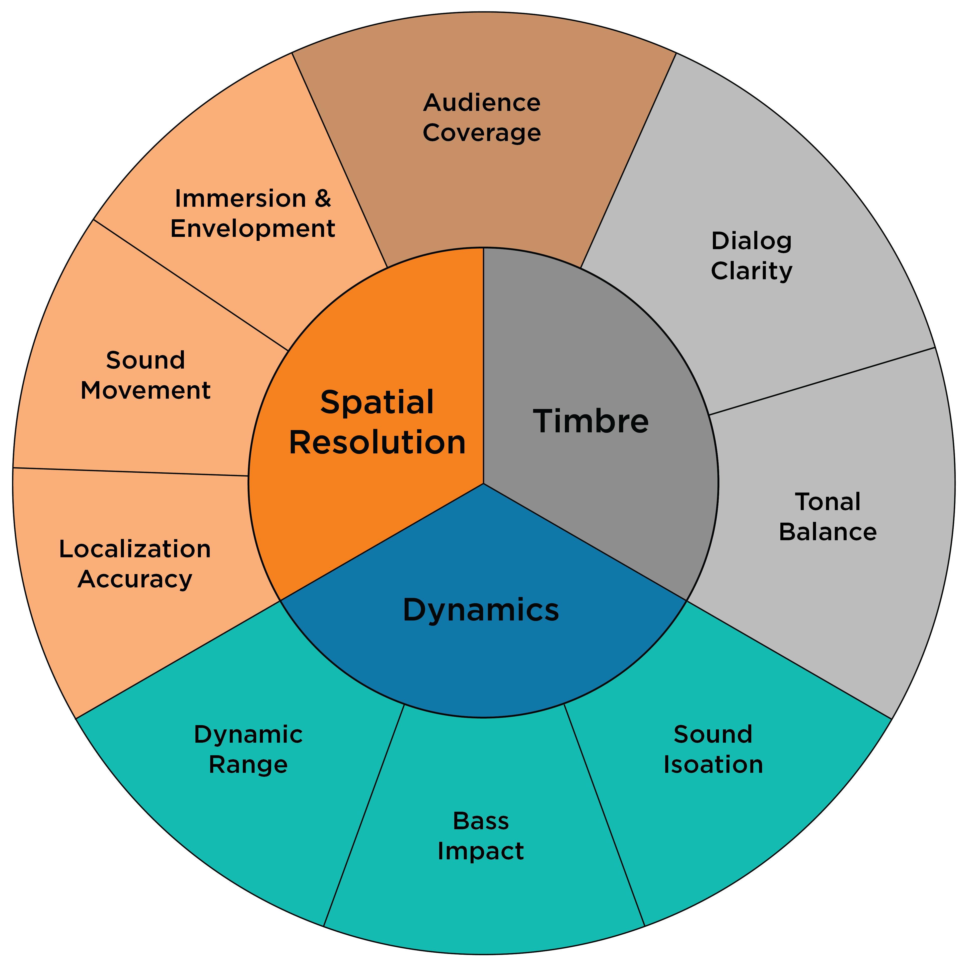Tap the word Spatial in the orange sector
pyautogui.click(x=377, y=402)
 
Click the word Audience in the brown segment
pyautogui.click(x=482, y=103)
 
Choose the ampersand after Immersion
pyautogui.click(x=323, y=199)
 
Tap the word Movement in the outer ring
pyautogui.click(x=145, y=390)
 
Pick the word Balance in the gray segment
pyautogui.click(x=827, y=532)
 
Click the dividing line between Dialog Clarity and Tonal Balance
pyautogui.click(x=821, y=381)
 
